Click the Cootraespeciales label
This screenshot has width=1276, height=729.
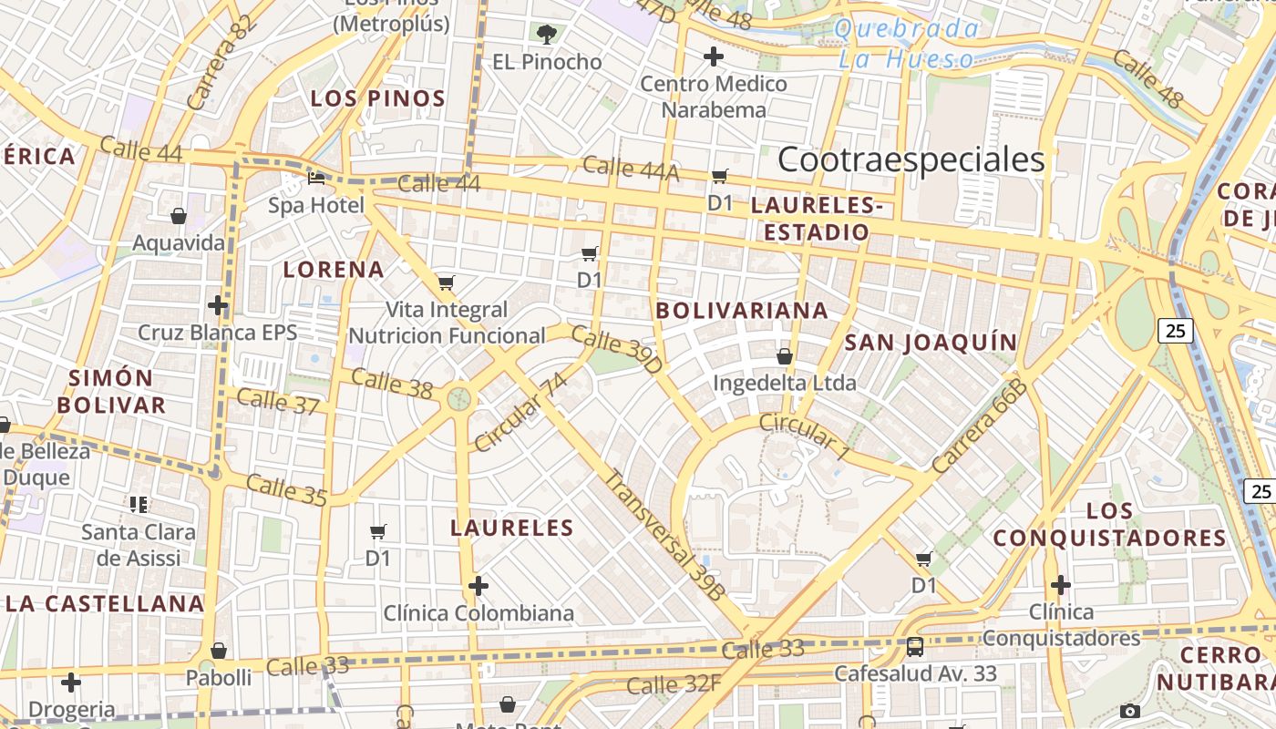click(x=911, y=160)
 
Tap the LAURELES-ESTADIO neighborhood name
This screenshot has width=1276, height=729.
click(x=817, y=219)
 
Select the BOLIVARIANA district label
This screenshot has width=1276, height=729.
click(x=742, y=311)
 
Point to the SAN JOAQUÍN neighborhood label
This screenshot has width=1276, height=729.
click(x=930, y=343)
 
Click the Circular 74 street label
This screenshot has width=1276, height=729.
click(x=520, y=412)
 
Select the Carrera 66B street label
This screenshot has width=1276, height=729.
click(x=979, y=426)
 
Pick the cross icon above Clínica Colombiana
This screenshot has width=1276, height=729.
click(x=478, y=585)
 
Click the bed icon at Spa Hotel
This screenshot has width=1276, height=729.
click(x=316, y=178)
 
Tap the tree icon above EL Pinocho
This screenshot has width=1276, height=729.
click(x=547, y=35)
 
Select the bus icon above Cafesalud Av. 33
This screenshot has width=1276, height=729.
click(x=915, y=647)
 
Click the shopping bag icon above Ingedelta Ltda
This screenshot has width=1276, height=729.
click(x=785, y=355)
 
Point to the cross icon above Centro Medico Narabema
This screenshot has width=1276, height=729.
click(x=714, y=56)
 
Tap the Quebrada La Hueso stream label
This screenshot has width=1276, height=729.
click(x=906, y=44)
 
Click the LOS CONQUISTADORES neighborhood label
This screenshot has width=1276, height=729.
click(x=1109, y=524)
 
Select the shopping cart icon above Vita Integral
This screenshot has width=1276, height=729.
click(x=446, y=282)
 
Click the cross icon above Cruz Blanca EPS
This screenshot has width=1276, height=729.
click(x=217, y=304)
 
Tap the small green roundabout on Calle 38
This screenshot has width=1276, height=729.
click(x=459, y=399)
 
